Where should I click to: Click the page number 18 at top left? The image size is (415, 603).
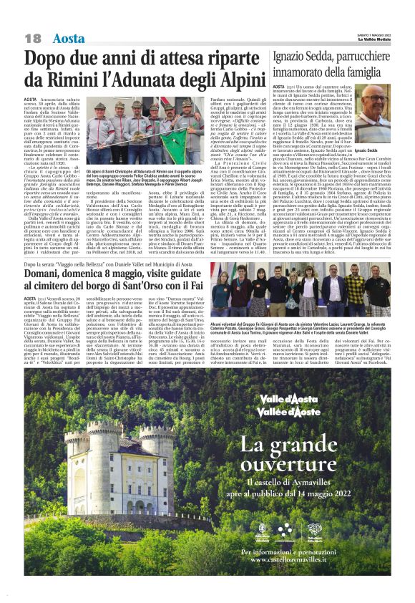[33, 38]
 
